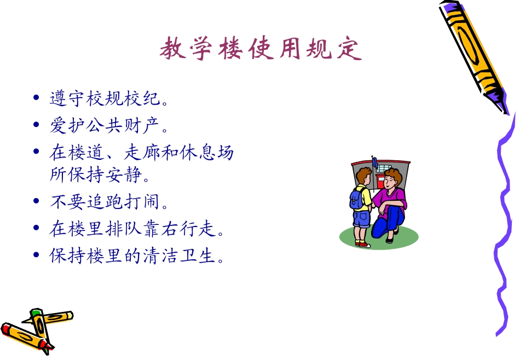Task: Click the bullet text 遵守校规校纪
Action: (108, 99)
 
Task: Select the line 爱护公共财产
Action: (108, 126)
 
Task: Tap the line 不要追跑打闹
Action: (108, 202)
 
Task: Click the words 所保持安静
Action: (99, 175)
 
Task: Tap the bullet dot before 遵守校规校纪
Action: (36, 99)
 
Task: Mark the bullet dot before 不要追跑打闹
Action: (36, 202)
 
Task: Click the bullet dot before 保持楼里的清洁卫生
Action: (36, 256)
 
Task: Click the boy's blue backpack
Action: (356, 198)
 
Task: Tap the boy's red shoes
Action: (362, 244)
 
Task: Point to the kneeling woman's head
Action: (392, 178)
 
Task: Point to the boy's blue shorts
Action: (361, 219)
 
